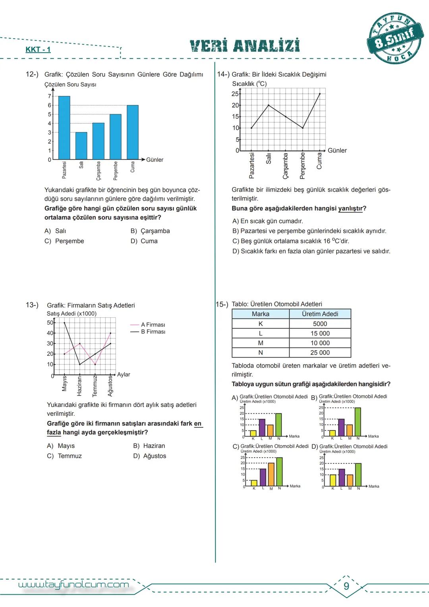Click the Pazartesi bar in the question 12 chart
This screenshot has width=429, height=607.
(x=64, y=128)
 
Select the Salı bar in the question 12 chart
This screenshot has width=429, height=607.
(x=81, y=145)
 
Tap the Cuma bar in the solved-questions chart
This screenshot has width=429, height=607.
(x=133, y=132)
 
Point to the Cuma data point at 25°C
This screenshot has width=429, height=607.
(x=320, y=94)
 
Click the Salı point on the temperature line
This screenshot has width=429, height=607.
(x=269, y=105)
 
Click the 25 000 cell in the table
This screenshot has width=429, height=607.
(x=320, y=353)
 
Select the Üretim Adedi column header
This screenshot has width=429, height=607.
(x=320, y=314)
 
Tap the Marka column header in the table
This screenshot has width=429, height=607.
(x=261, y=314)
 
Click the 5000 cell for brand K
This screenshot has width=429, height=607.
(x=320, y=324)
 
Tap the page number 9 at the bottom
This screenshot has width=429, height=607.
(x=346, y=586)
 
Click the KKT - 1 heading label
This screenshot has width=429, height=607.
(x=38, y=50)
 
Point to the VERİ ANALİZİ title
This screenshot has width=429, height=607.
(x=245, y=46)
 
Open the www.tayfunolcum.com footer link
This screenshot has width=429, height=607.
(x=74, y=584)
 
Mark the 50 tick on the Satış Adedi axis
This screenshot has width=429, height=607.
(x=50, y=323)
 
